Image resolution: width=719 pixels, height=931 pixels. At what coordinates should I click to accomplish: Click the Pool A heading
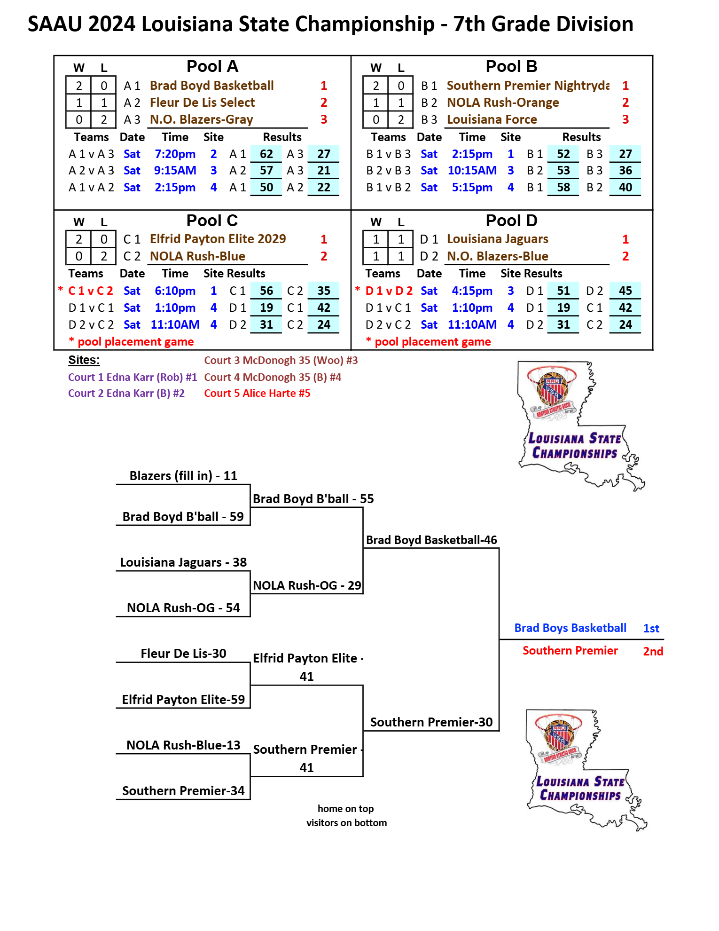click(x=212, y=67)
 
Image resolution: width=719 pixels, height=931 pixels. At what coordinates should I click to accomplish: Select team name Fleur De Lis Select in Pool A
click(x=202, y=103)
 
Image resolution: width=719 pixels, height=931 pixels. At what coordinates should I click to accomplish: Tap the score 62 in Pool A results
click(x=266, y=154)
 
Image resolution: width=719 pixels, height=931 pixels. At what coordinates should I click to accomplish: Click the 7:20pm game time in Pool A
click(x=175, y=154)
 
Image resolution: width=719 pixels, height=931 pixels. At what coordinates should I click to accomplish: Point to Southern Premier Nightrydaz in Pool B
click(x=528, y=86)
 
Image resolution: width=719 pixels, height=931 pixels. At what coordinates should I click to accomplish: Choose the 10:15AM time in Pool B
click(x=472, y=171)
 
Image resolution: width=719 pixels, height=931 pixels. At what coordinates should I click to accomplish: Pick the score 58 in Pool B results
click(x=563, y=188)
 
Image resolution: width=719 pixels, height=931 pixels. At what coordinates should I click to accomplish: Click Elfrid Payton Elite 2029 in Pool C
click(x=218, y=239)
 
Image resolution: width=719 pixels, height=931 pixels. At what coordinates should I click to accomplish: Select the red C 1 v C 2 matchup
click(x=91, y=291)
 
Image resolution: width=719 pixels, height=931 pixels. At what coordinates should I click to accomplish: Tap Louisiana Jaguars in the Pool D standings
click(x=498, y=239)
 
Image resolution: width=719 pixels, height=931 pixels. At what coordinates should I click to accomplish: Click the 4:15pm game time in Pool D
click(x=472, y=291)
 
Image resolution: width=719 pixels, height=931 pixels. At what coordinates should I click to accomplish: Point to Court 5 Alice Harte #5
click(x=257, y=393)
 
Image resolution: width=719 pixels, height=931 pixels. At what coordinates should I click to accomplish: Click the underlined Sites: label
click(x=84, y=360)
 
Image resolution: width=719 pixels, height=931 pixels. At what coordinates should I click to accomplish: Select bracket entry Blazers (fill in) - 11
click(x=183, y=476)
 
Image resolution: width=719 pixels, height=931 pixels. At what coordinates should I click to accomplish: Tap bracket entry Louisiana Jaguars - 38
click(x=183, y=562)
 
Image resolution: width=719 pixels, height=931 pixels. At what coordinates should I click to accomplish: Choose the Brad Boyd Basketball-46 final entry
click(x=431, y=540)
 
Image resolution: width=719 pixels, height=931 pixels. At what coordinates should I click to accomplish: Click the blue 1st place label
click(x=651, y=628)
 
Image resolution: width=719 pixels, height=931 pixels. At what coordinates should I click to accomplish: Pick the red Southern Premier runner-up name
click(x=570, y=651)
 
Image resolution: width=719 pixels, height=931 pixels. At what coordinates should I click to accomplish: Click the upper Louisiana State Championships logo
click(x=581, y=426)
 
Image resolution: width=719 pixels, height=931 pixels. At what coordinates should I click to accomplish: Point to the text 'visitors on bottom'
click(x=347, y=823)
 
